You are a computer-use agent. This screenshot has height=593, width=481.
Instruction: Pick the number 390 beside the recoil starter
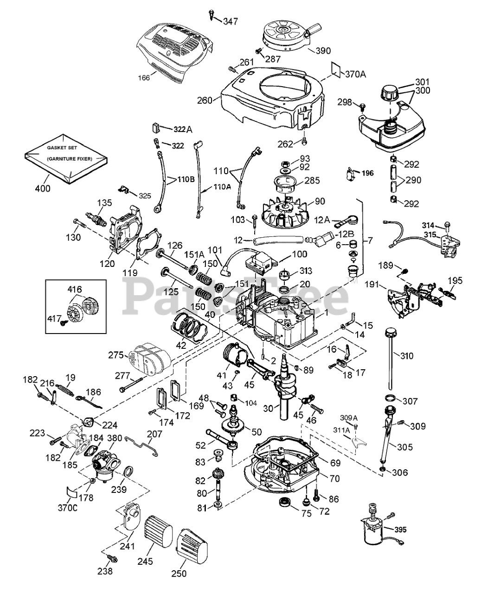[324, 50]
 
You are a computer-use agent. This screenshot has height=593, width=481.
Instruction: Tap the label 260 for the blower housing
[205, 100]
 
